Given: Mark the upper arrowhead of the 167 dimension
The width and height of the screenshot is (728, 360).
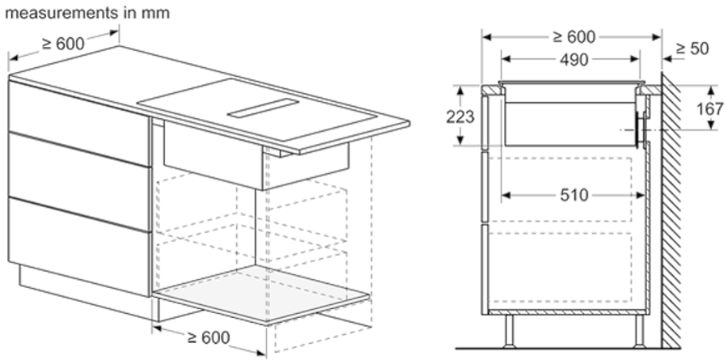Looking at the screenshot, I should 711,87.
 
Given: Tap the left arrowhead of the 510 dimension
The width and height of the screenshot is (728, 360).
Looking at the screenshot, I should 504,194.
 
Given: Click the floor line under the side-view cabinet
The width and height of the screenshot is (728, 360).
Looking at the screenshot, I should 566,346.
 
